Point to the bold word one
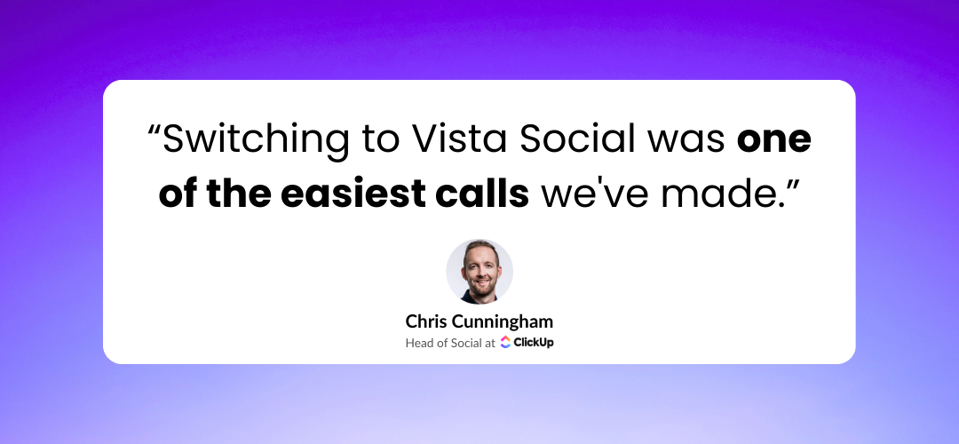point(775,139)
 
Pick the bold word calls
point(488,193)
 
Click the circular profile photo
point(479,271)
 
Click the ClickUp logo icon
point(505,342)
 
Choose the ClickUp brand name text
point(534,343)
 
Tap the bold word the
point(241,193)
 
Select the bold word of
point(178,193)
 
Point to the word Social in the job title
point(466,343)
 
